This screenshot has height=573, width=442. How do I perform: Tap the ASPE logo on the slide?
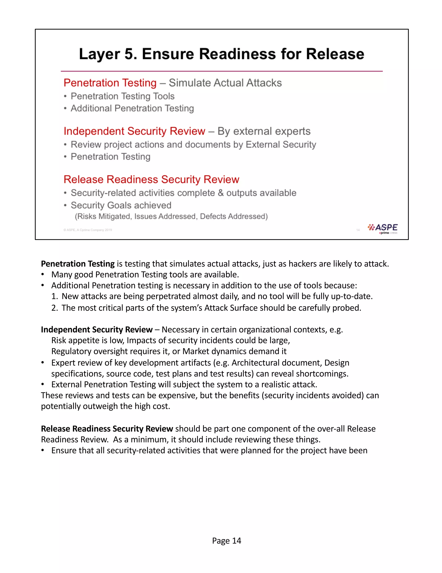383,228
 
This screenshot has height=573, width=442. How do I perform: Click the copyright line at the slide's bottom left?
87,230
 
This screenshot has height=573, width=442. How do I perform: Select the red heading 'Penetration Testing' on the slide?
110,83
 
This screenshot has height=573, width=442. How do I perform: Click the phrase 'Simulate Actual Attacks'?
225,83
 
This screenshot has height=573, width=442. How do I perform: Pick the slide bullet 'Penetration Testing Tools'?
123,96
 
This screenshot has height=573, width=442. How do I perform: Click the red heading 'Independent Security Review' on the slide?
134,131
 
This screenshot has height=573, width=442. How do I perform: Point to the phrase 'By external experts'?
264,131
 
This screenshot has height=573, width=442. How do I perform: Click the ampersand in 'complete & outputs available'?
221,193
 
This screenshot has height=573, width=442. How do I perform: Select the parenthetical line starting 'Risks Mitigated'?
171,216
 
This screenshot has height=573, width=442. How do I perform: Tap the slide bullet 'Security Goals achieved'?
121,205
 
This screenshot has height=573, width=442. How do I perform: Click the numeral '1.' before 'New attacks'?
54,296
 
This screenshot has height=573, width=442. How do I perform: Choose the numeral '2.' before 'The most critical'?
54,308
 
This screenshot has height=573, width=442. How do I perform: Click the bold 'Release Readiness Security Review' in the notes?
107,429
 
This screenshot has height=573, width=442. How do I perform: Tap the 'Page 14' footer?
226,541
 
